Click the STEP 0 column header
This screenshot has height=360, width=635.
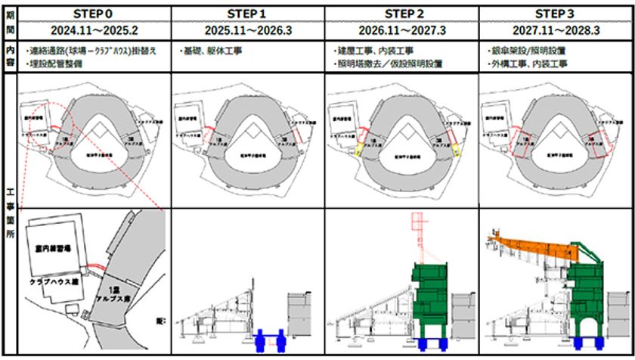coord(94,14)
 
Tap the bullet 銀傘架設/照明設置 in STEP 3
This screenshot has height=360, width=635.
coord(529,51)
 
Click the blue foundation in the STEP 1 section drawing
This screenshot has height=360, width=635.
coord(271,339)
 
